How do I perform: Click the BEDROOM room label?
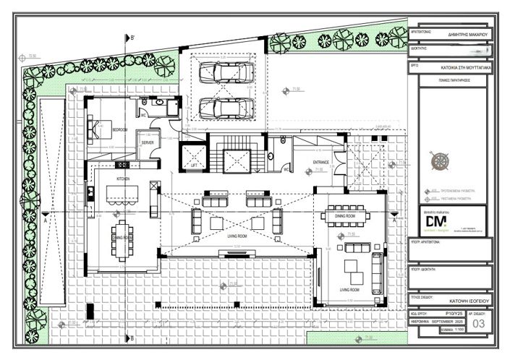point(120,129)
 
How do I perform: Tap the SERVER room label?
point(148,143)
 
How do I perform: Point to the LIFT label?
point(192,165)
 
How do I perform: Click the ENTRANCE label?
point(321,162)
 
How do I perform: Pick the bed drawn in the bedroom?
point(100,129)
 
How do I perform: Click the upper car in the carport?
point(226,72)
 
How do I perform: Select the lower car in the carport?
point(226,108)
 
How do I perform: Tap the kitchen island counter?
point(122,194)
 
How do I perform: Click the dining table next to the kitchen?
point(122,237)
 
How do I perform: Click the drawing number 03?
point(478,324)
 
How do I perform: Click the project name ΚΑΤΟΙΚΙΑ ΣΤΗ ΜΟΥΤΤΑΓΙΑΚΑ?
point(467,66)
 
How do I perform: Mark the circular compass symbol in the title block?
point(439,161)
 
